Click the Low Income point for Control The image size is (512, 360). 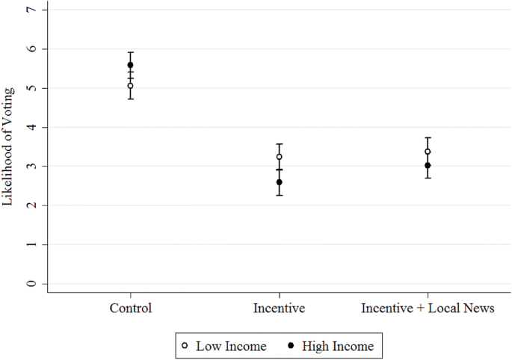point(131,86)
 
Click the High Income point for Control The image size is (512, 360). point(131,65)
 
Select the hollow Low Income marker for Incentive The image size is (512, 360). point(280,157)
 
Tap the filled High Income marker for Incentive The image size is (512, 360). point(280,182)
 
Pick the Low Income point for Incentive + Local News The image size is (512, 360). point(428,152)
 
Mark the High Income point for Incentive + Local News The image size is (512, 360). point(428,165)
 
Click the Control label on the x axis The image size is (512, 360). point(131,308)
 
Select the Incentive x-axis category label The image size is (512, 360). point(280,308)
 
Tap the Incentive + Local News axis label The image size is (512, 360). point(428,308)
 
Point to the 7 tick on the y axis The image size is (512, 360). point(30,10)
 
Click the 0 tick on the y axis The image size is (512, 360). point(30,284)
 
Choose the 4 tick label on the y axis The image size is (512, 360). point(30,127)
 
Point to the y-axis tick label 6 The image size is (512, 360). point(30,49)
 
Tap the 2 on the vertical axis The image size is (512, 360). point(30,205)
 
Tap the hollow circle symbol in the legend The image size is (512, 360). point(185,346)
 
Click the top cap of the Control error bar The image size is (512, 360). point(131,52)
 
